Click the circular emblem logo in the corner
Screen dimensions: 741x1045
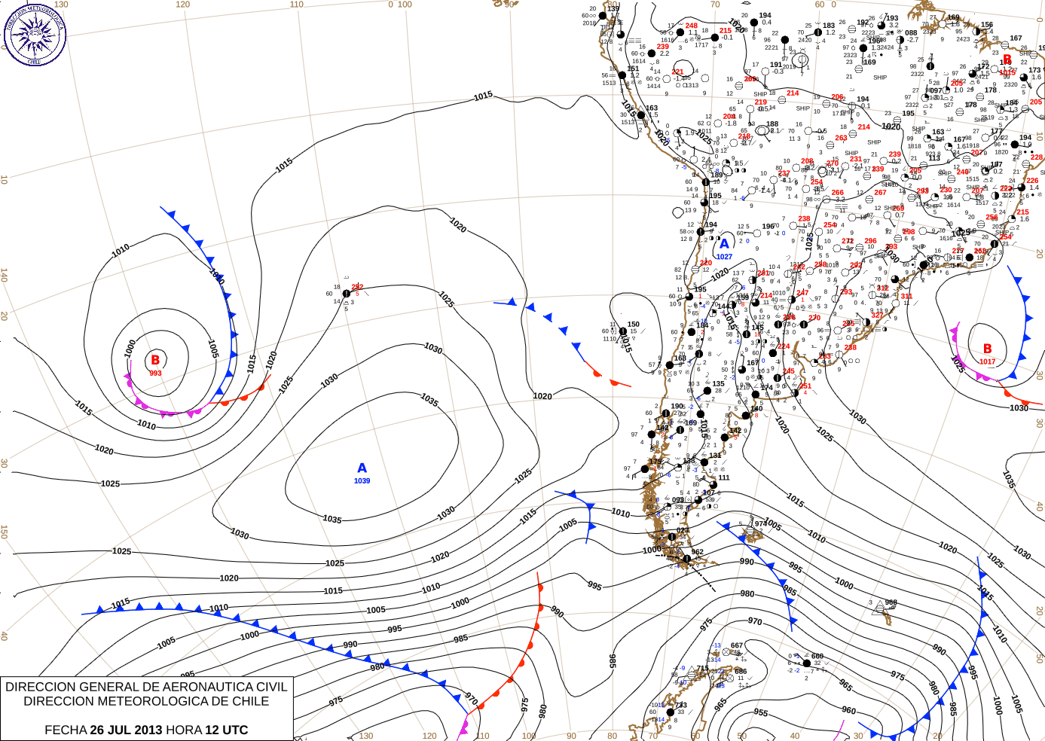click(35, 35)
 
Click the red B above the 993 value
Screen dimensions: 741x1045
click(155, 360)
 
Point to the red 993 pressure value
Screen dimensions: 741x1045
click(155, 374)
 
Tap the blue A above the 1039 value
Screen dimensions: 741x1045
click(362, 468)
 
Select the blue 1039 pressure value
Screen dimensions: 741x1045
click(362, 480)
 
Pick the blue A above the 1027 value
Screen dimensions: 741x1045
click(724, 243)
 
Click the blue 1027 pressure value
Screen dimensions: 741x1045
click(724, 257)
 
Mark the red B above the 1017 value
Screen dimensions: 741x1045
click(987, 349)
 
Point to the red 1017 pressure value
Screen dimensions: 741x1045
click(987, 361)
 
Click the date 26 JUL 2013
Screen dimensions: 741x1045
click(126, 730)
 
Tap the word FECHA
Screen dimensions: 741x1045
click(66, 730)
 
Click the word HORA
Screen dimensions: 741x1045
click(183, 730)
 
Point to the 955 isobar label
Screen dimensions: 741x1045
click(761, 712)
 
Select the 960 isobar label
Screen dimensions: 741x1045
click(848, 710)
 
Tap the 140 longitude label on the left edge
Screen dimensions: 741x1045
click(4, 276)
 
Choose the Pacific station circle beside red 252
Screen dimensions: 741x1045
click(347, 294)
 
